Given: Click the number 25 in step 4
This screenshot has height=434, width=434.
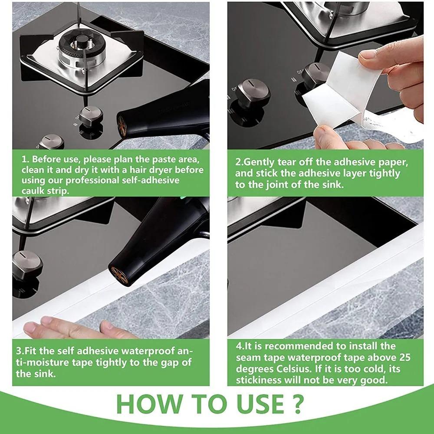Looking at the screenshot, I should tap(401, 358).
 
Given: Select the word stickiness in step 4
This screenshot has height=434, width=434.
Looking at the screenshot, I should tap(260, 380).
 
